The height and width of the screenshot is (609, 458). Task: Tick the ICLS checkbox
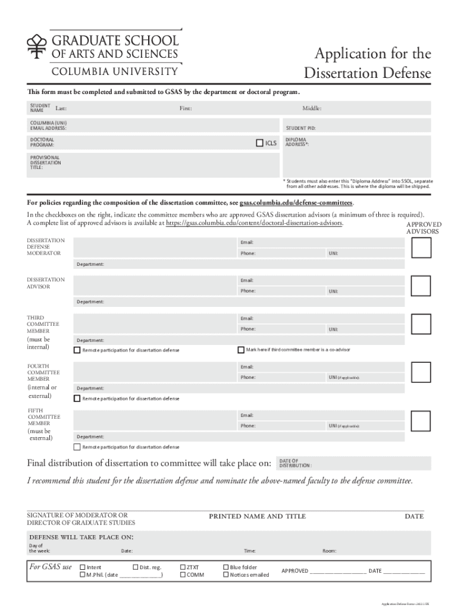pyautogui.click(x=259, y=143)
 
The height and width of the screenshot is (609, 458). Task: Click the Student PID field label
pyautogui.click(x=300, y=128)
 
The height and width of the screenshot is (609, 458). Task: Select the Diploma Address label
pyautogui.click(x=297, y=142)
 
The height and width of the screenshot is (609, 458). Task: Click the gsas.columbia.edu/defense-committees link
pyautogui.click(x=296, y=202)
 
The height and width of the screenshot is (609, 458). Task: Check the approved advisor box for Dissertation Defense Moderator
pyautogui.click(x=421, y=248)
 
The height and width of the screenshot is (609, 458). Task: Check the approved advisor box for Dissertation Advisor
pyautogui.click(x=421, y=286)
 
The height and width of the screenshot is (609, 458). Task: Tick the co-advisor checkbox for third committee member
pyautogui.click(x=241, y=350)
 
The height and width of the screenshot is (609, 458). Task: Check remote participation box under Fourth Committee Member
pyautogui.click(x=77, y=398)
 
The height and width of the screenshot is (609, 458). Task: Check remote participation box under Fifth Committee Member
pyautogui.click(x=77, y=447)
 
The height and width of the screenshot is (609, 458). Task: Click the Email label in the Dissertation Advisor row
pyautogui.click(x=247, y=280)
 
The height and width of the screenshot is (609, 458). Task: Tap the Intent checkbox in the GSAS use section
pyautogui.click(x=83, y=567)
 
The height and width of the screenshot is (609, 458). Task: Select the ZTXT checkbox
pyautogui.click(x=183, y=567)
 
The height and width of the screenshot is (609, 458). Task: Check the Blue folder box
pyautogui.click(x=226, y=567)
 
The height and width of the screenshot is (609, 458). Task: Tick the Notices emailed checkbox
pyautogui.click(x=226, y=575)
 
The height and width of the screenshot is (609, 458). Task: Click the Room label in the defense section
pyautogui.click(x=329, y=551)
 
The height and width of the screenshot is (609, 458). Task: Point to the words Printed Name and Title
pyautogui.click(x=257, y=516)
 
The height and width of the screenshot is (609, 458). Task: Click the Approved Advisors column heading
pyautogui.click(x=423, y=228)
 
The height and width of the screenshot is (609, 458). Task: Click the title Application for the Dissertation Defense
pyautogui.click(x=367, y=64)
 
